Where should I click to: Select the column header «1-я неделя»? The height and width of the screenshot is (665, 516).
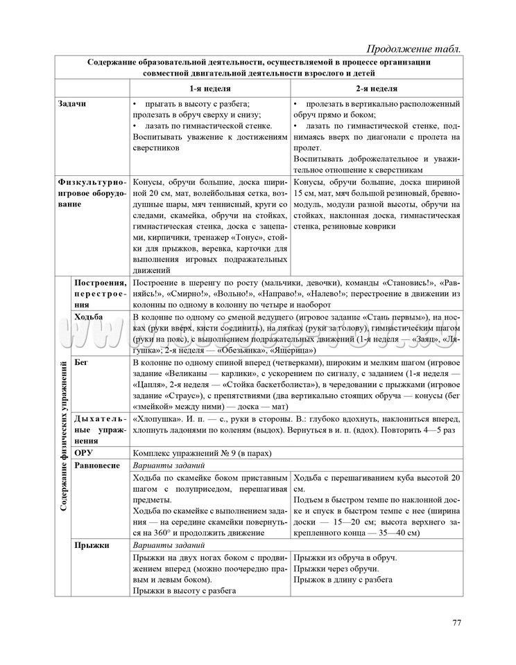[210, 89]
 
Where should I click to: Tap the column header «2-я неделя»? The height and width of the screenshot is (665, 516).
[377, 89]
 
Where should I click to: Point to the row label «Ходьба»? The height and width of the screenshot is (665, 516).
[88, 317]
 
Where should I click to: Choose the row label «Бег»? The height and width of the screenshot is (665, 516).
[82, 362]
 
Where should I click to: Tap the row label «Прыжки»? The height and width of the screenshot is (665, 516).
[92, 545]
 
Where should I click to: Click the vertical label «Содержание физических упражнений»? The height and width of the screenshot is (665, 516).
[63, 436]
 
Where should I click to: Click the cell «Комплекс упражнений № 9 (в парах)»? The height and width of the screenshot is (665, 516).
[201, 453]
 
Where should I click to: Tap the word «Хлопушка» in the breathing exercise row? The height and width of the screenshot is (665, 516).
[156, 418]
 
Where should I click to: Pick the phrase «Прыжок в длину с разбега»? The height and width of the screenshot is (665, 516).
[343, 579]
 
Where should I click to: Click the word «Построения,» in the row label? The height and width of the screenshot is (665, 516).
[100, 283]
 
